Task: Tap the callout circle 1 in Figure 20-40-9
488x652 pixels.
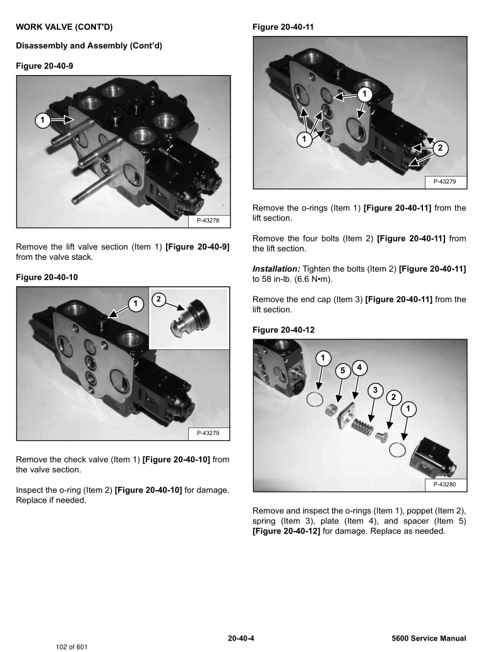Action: coord(42,120)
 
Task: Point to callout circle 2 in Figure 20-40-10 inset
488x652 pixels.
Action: coord(160,299)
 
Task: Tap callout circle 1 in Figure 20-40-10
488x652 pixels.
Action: coord(134,304)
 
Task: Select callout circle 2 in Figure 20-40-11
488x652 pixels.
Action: coord(441,148)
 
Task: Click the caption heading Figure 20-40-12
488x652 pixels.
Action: coord(283,330)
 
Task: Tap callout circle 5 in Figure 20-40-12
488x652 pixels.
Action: coord(342,371)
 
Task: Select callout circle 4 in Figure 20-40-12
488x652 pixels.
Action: coord(359,366)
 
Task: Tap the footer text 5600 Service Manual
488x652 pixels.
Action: coord(429,638)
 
